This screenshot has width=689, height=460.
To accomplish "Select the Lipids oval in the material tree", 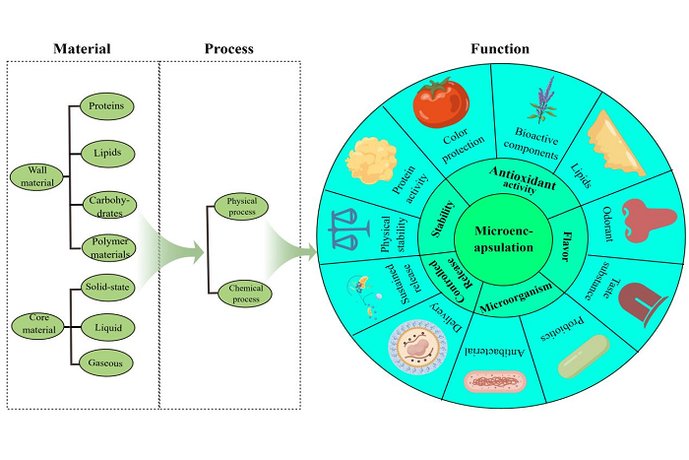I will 106,153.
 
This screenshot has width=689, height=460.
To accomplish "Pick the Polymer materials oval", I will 106,249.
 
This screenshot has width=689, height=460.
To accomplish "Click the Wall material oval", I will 35,176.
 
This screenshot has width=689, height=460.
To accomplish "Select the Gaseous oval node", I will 106,362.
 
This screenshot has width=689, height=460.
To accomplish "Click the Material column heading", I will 81,48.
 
